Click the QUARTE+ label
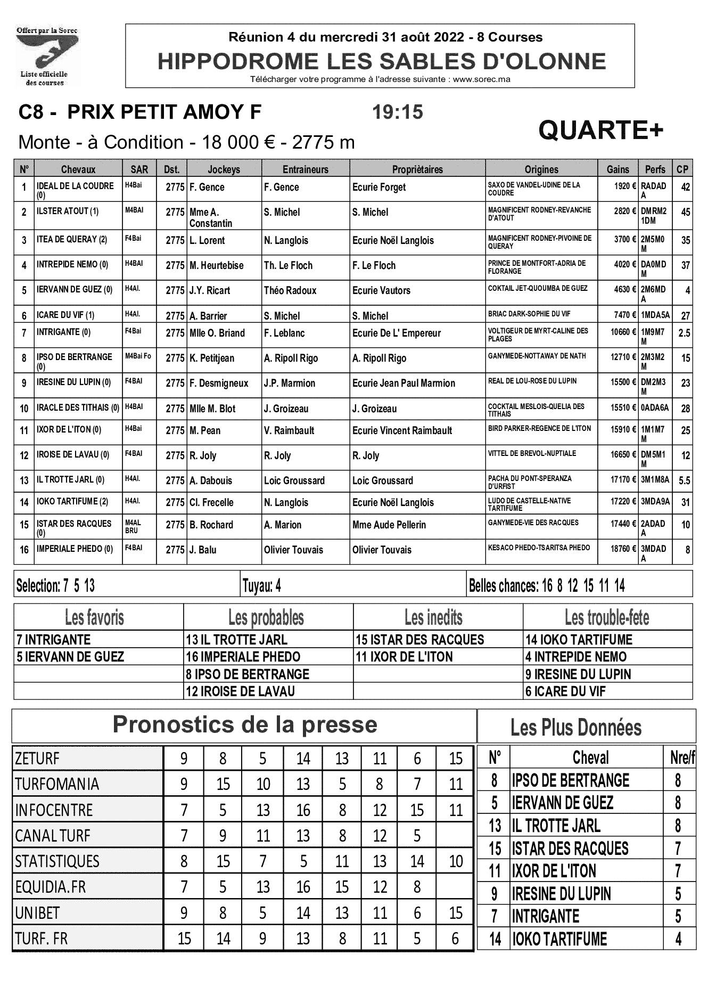coord(601,130)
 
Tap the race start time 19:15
coord(397,112)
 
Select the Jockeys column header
coord(224,169)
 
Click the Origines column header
coord(541,169)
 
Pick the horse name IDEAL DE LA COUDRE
coord(75,186)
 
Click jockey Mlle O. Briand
coord(217,333)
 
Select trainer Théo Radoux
coord(290,291)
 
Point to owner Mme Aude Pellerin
coord(389,525)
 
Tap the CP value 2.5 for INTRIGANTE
coord(684,333)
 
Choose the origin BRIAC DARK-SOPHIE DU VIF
coord(529,314)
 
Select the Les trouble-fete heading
coord(607,618)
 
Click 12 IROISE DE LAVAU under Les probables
coord(240,691)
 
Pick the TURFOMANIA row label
coord(57,784)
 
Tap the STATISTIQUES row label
coord(57,861)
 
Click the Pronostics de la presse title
coord(245,725)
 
